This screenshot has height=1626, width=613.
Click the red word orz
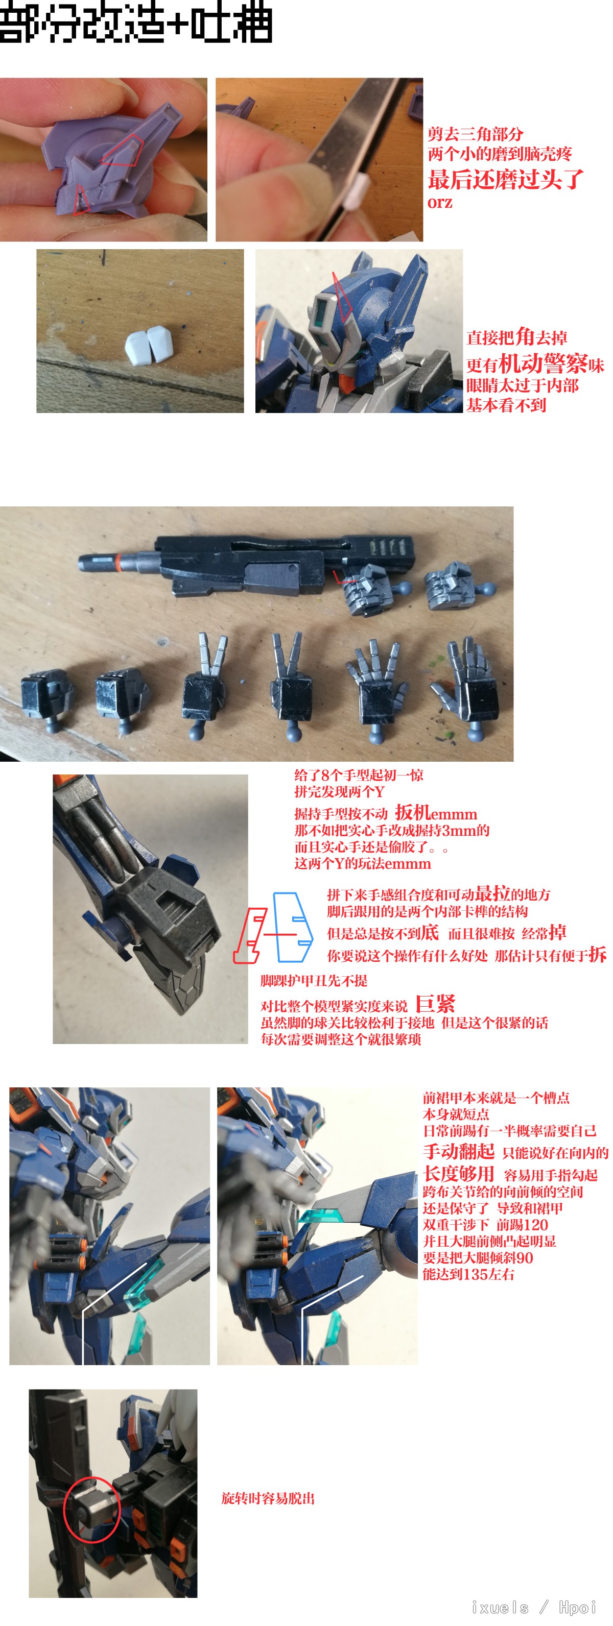click(x=440, y=203)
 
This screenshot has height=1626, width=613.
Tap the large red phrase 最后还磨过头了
click(x=506, y=179)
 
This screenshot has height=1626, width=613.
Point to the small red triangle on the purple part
click(x=81, y=200)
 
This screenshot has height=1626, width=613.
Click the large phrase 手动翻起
click(x=458, y=1151)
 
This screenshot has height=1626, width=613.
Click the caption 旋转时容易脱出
click(x=268, y=1498)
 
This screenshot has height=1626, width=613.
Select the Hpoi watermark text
click(x=577, y=1607)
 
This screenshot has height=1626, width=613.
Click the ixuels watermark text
click(x=500, y=1607)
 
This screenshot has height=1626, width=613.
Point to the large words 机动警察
click(x=543, y=363)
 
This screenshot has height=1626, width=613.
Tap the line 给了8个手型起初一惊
click(x=359, y=774)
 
